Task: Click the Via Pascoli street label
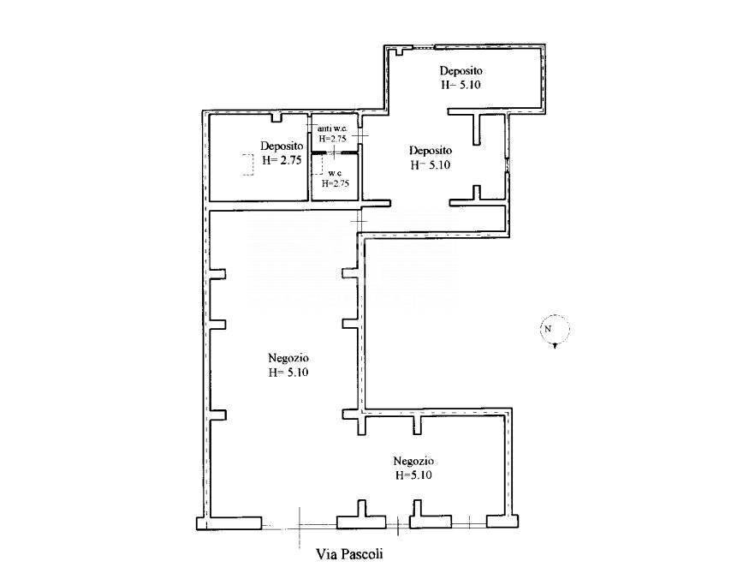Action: click(349, 554)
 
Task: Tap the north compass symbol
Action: click(555, 331)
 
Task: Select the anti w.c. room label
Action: click(332, 128)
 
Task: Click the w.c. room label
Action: click(336, 173)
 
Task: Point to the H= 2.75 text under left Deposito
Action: click(282, 160)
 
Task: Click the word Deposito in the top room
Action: click(461, 71)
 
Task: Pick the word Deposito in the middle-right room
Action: click(431, 150)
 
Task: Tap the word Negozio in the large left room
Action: click(288, 358)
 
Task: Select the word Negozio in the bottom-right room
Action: click(413, 461)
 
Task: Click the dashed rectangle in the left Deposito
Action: click(247, 164)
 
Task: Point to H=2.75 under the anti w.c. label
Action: click(332, 139)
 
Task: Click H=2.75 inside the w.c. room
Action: click(336, 183)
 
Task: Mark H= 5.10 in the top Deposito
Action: click(461, 85)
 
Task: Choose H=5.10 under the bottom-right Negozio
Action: click(413, 475)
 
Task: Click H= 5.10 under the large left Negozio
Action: click(288, 373)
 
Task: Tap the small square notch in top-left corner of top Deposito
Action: click(399, 51)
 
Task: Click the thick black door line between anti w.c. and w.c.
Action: click(335, 152)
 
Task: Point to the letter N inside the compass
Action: click(548, 328)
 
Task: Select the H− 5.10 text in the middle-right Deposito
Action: click(431, 164)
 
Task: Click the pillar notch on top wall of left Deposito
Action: click(277, 117)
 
